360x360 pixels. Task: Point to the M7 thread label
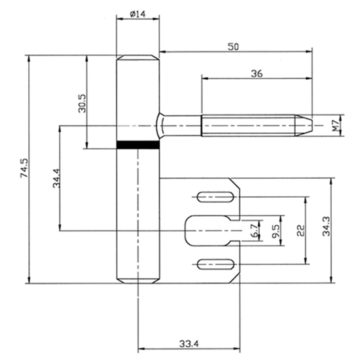click(x=336, y=125)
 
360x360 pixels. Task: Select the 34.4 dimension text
click(x=57, y=178)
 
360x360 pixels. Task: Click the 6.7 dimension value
click(x=253, y=229)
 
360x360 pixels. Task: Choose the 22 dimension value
click(x=300, y=229)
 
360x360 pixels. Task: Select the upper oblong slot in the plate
click(x=215, y=195)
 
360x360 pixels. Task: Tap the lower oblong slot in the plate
click(x=215, y=264)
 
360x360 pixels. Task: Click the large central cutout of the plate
click(x=209, y=230)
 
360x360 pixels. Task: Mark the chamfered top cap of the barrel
click(x=137, y=60)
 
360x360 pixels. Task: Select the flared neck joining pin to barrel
click(x=162, y=124)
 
